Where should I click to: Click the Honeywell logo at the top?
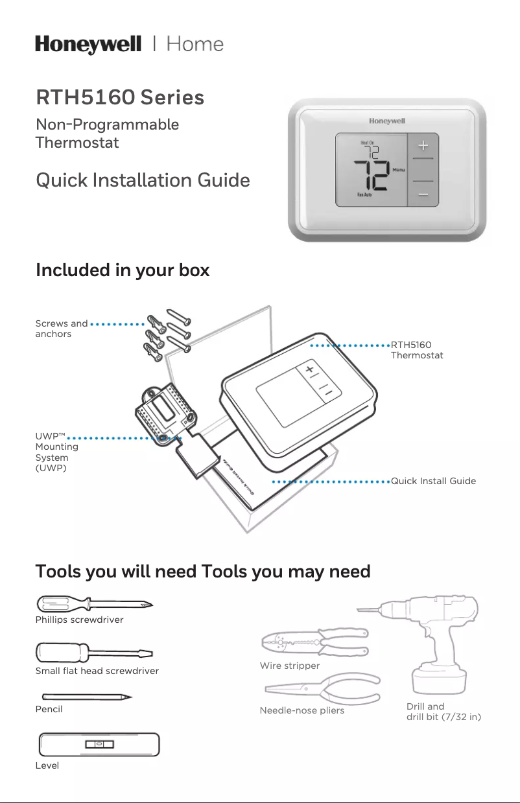pyautogui.click(x=88, y=45)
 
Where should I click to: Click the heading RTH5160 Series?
pyautogui.click(x=120, y=98)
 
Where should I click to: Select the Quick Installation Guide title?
pyautogui.click(x=143, y=180)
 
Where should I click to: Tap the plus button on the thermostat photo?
pyautogui.click(x=422, y=145)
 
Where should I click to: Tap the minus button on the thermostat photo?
pyautogui.click(x=422, y=194)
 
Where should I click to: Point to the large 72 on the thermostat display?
pyautogui.click(x=370, y=174)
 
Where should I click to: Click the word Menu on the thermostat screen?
pyautogui.click(x=398, y=170)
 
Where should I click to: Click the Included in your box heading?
pyautogui.click(x=123, y=270)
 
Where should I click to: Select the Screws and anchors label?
pyautogui.click(x=61, y=329)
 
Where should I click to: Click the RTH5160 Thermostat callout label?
pyautogui.click(x=416, y=350)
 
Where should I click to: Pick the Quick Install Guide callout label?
pyautogui.click(x=433, y=481)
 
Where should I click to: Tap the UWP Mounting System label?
pyautogui.click(x=57, y=452)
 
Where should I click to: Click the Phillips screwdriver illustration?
pyautogui.click(x=95, y=603)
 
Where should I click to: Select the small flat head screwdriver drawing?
pyautogui.click(x=95, y=652)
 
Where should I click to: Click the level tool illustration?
pyautogui.click(x=99, y=744)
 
